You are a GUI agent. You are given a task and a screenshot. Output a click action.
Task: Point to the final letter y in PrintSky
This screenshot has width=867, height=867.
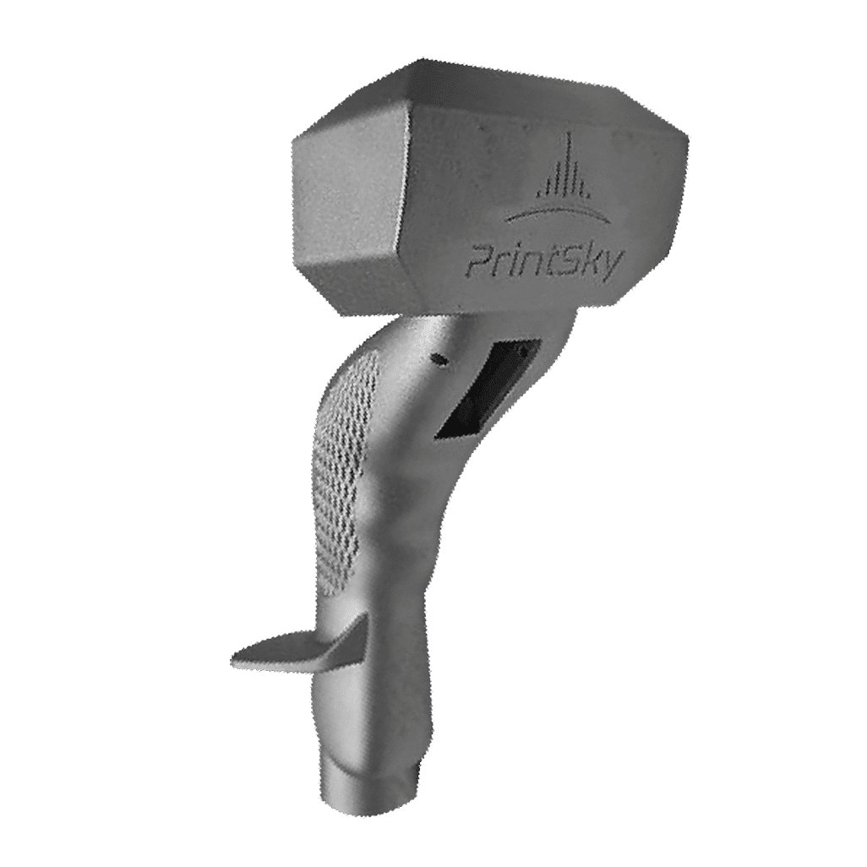(611, 263)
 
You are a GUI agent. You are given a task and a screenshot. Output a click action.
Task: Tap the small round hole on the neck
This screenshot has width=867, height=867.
(439, 360)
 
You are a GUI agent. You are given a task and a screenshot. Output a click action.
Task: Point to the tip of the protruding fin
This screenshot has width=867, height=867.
(237, 655)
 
